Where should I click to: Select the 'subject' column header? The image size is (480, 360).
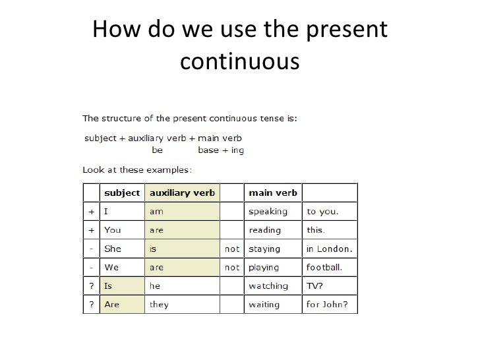click(x=122, y=193)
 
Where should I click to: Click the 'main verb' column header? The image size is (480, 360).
click(x=272, y=193)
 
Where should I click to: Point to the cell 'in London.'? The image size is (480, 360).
click(x=329, y=249)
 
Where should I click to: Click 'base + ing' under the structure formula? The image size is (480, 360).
click(x=221, y=150)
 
